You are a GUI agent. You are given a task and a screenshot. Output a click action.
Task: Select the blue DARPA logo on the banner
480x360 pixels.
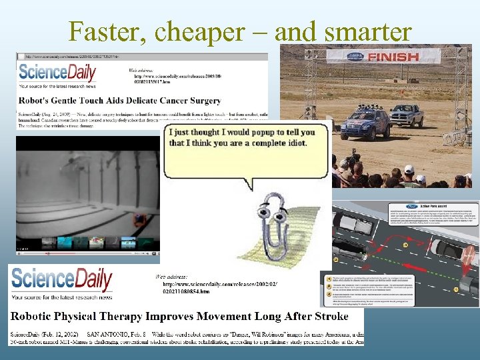354,56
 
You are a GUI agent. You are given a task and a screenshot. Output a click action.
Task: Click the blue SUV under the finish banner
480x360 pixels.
367,124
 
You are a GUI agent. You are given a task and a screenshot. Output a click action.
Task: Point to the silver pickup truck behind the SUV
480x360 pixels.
407,116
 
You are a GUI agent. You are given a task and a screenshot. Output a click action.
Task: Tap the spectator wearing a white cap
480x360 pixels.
409,171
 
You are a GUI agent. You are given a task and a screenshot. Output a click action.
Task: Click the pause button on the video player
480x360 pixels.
19,253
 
